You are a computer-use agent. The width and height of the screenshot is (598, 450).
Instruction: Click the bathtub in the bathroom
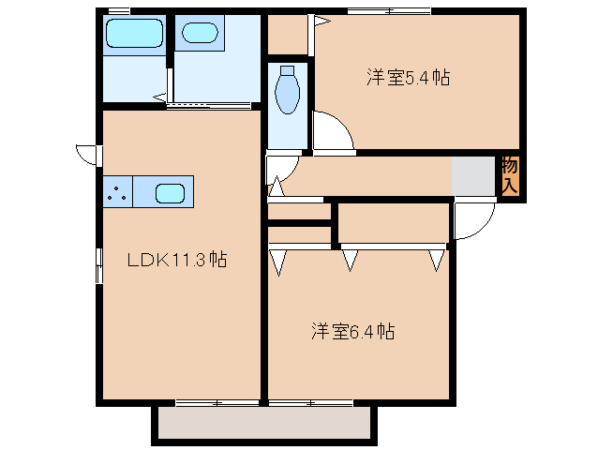click(x=135, y=37)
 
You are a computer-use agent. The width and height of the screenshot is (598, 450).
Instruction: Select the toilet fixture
click(x=288, y=91)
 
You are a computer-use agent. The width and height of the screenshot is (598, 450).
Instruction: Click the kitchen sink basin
click(x=170, y=194)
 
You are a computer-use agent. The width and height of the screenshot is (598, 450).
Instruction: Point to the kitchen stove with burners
click(x=117, y=194)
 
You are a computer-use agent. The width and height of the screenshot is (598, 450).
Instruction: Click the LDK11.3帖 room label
click(x=177, y=259)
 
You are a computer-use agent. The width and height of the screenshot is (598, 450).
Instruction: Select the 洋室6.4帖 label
click(x=352, y=331)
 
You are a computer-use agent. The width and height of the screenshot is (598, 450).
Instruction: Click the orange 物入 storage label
click(x=509, y=176)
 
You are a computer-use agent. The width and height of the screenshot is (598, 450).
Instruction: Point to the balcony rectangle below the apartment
click(x=265, y=425)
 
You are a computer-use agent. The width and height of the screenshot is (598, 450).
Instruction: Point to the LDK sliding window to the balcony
click(x=217, y=403)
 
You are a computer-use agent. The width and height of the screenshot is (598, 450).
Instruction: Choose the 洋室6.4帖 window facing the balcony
click(x=310, y=403)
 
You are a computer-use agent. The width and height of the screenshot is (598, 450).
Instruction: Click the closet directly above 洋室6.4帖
click(x=393, y=222)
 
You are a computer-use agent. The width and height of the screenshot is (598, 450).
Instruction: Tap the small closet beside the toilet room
click(x=288, y=36)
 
